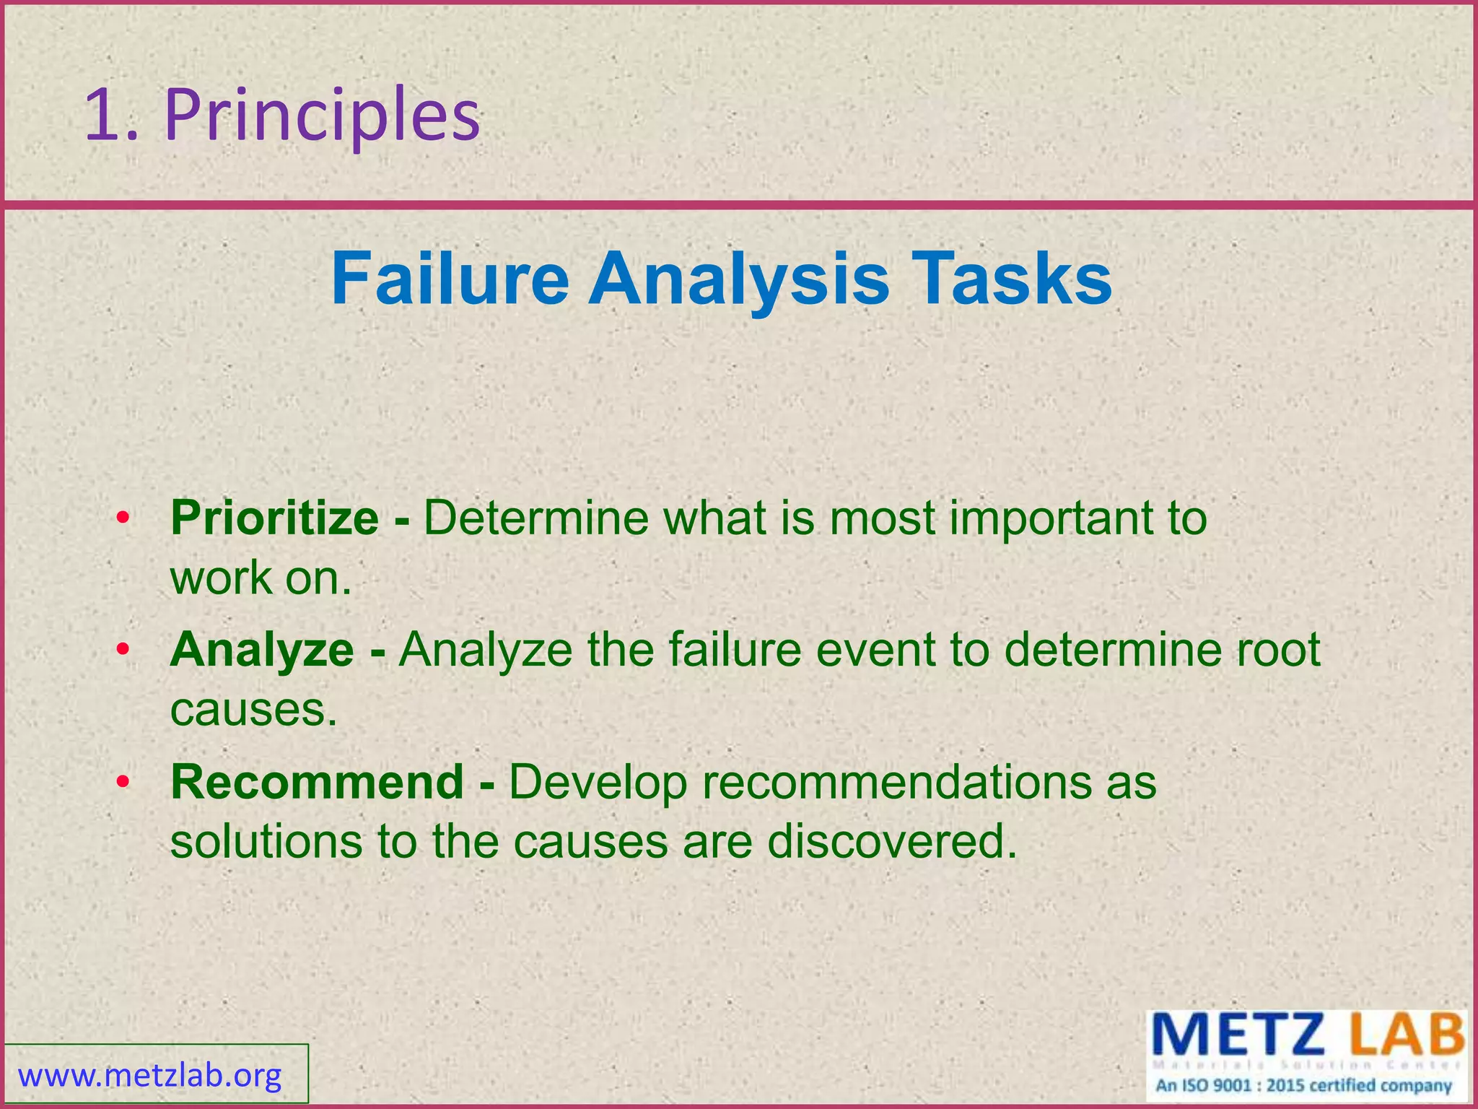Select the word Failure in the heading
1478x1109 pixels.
(x=450, y=279)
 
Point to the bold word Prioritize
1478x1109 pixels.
(x=274, y=518)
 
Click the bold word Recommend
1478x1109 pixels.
(x=317, y=782)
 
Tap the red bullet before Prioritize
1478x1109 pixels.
(x=123, y=519)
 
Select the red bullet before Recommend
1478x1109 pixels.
(x=123, y=783)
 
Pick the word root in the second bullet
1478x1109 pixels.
(x=1279, y=649)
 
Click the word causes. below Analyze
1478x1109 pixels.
(x=254, y=710)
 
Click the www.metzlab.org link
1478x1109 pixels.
(x=150, y=1076)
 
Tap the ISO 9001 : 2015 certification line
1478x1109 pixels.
(x=1303, y=1086)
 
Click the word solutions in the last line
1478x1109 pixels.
(x=267, y=842)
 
